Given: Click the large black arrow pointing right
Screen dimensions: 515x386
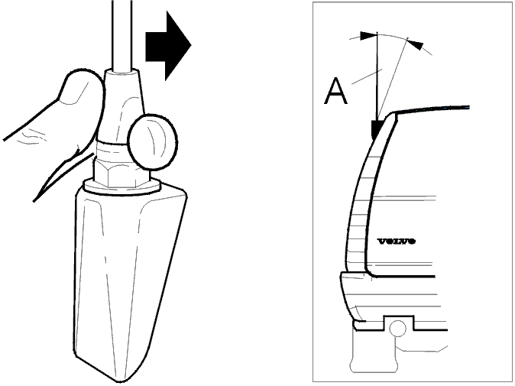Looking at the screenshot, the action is pos(168,46).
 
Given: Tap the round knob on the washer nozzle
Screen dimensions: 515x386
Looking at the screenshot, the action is pos(153,142).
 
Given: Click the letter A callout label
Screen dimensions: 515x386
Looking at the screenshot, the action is pos(335,91).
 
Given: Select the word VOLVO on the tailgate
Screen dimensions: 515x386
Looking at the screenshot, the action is pos(397,242).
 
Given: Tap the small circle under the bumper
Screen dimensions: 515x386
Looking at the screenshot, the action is pos(398,329).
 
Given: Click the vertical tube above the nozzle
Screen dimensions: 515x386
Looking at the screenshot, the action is pos(121,35).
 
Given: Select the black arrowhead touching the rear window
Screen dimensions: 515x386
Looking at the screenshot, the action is pos(376,128).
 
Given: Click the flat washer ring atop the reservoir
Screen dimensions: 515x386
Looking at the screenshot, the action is pos(121,187).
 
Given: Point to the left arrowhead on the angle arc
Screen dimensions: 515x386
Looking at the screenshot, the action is pos(368,36).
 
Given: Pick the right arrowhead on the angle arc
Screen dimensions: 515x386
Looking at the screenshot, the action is pos(416,45).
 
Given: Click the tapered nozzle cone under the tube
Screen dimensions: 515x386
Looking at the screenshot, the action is pos(121,105).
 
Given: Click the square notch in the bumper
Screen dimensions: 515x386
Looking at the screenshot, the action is pos(398,323).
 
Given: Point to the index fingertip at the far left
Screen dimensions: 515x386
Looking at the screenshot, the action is pos(7,139).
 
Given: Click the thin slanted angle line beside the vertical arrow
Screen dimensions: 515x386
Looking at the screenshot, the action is pos(393,78).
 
